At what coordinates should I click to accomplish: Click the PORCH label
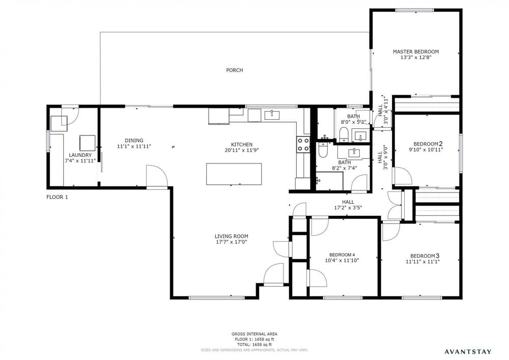pos(234,70)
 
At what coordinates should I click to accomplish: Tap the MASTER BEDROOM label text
pos(415,51)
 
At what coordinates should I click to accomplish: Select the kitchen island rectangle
pos(234,174)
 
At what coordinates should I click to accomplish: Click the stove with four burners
pos(303,145)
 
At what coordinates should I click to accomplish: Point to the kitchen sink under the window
pos(272,115)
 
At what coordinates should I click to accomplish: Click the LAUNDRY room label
pos(80,155)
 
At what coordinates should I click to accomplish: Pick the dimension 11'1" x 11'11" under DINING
pos(134,147)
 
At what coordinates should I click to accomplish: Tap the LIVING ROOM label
pos(232,236)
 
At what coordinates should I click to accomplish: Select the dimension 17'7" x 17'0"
pos(232,242)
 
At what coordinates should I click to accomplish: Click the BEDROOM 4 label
pos(342,255)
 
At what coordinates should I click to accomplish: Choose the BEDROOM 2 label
pos(428,144)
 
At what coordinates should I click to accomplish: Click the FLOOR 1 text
pos(57,197)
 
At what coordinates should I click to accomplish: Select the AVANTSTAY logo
pos(468,351)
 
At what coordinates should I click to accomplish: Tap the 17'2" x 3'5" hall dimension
pos(348,208)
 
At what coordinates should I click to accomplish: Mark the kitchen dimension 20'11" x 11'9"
pos(242,150)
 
